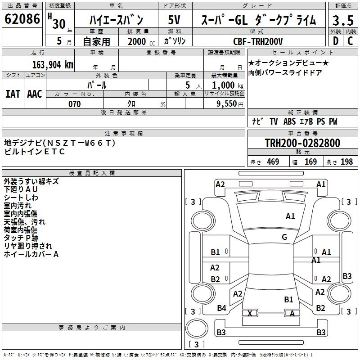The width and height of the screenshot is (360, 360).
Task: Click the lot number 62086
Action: coord(22,19)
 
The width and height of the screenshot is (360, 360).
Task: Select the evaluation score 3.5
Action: coord(342,20)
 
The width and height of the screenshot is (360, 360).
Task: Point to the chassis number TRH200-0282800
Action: coord(302,143)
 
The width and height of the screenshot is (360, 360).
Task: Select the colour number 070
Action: coord(75,104)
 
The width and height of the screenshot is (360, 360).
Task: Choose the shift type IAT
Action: coord(13,94)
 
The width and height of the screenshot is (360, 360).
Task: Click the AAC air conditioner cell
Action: coord(35,94)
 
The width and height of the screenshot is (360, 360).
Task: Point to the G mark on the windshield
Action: coord(284,237)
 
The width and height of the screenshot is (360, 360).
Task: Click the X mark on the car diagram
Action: coord(251,313)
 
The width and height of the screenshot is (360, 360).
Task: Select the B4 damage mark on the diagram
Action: coord(221,308)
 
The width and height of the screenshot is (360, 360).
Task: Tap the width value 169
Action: coord(310,162)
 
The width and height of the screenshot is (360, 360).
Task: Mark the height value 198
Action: coord(347,162)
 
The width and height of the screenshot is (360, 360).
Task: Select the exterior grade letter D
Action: coord(335,41)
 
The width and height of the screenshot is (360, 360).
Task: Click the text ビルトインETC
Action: coord(35,152)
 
